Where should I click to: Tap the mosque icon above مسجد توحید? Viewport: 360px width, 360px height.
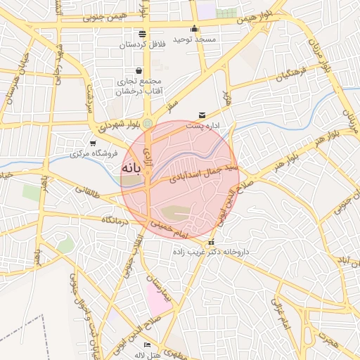[x=195, y=30]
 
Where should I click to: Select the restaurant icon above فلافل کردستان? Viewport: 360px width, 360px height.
[x=143, y=34]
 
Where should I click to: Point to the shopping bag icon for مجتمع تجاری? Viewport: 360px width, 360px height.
[x=139, y=70]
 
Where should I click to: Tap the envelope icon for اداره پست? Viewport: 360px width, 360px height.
[x=202, y=115]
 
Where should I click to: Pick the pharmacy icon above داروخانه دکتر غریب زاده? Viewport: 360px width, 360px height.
[x=212, y=243]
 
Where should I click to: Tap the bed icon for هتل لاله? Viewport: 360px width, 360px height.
[x=147, y=345]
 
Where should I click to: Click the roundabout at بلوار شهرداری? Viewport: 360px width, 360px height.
[x=148, y=124]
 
